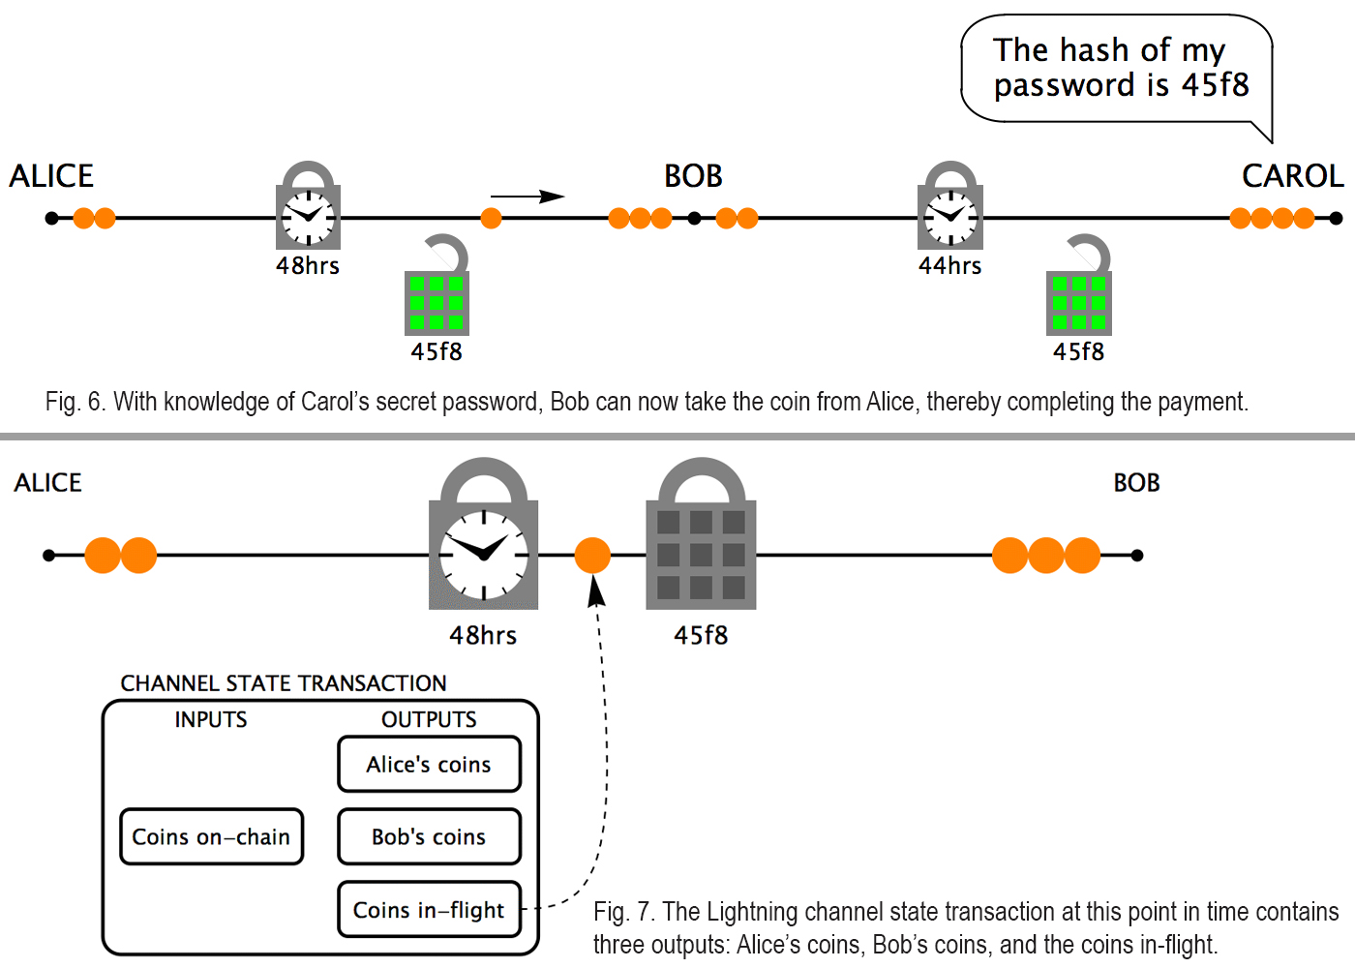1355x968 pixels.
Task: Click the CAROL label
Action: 1292,176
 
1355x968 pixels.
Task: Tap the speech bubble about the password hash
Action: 1118,68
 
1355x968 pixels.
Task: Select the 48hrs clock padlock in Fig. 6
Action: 308,208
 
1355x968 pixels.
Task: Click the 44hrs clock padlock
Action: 950,208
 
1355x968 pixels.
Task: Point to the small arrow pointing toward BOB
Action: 527,197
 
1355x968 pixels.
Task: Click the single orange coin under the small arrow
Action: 492,218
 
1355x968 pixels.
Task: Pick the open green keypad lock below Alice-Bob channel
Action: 437,290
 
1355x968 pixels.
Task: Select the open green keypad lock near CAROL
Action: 1079,290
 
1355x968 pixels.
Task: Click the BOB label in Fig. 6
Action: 693,176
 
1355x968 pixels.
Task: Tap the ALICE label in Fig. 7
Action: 48,483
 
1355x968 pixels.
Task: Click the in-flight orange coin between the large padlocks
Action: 592,556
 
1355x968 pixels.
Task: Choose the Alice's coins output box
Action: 429,765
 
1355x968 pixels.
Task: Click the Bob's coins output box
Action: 429,837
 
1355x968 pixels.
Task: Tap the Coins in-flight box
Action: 429,910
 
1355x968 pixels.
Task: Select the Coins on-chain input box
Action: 211,837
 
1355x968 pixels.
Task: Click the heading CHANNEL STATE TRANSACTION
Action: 284,683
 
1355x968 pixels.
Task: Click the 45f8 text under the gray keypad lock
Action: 701,636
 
